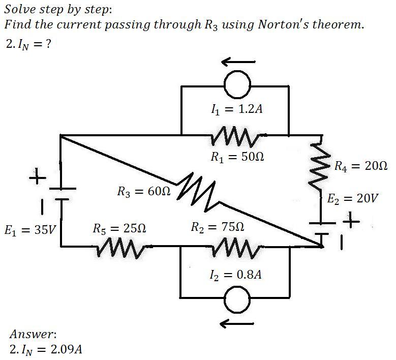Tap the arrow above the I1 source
(x=238, y=62)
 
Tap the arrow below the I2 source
(x=237, y=323)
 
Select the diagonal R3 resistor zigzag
(x=196, y=192)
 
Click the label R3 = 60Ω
(x=144, y=191)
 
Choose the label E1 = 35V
(x=31, y=230)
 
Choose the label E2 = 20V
(x=353, y=198)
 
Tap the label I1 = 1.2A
(x=237, y=109)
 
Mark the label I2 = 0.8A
(x=236, y=275)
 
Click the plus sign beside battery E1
(x=38, y=176)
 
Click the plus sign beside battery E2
(x=351, y=221)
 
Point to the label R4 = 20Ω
(x=361, y=166)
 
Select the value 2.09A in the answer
(x=67, y=350)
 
